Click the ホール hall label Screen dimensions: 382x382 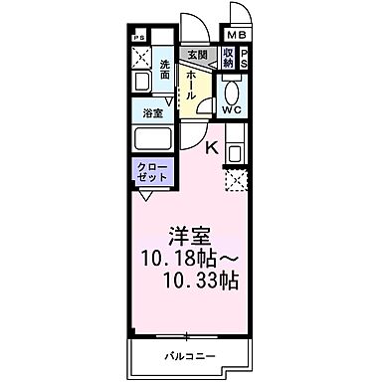[190, 90]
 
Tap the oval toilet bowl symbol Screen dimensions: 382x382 [232, 89]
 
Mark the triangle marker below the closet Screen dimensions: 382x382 [146, 196]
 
